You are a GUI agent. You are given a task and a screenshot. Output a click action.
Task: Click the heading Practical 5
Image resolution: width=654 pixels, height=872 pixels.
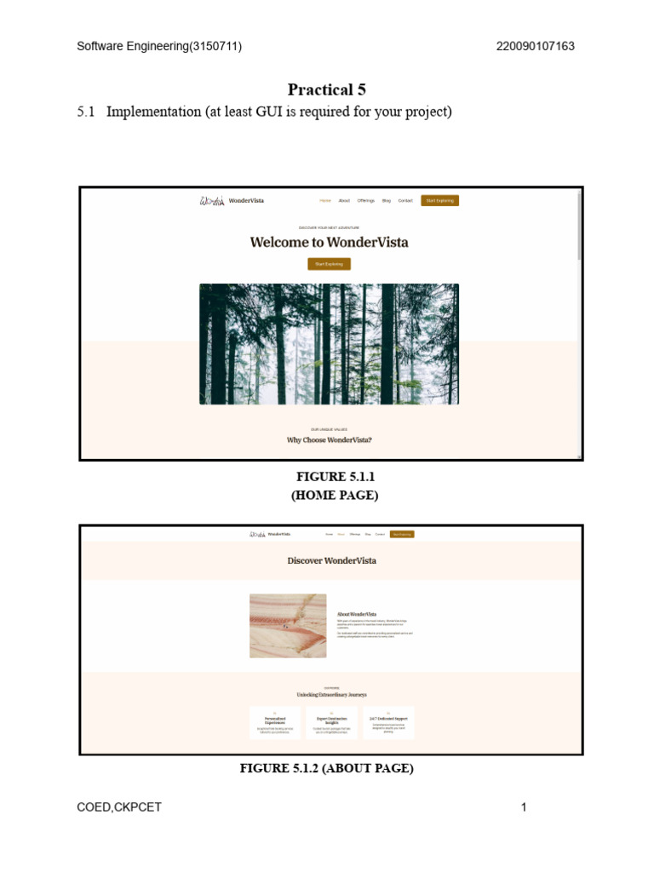pyautogui.click(x=327, y=89)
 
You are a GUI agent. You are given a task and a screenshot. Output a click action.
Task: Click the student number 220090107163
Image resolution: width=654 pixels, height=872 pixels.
pyautogui.click(x=535, y=47)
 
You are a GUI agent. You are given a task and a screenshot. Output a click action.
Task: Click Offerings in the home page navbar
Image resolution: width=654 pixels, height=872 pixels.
pyautogui.click(x=366, y=201)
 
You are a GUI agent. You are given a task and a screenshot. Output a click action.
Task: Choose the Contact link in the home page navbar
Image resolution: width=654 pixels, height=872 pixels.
pyautogui.click(x=405, y=201)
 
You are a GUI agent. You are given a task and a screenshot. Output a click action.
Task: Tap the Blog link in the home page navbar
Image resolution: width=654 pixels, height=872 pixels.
pyautogui.click(x=387, y=201)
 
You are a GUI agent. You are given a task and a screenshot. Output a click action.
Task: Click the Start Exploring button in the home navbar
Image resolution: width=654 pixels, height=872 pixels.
pyautogui.click(x=440, y=201)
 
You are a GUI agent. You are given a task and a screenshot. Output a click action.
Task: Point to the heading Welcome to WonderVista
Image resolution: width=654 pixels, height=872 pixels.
pyautogui.click(x=329, y=242)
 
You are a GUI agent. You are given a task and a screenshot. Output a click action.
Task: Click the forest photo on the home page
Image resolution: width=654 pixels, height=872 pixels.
pyautogui.click(x=329, y=344)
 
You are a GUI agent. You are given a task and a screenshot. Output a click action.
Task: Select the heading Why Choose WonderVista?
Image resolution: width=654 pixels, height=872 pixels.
pyautogui.click(x=329, y=440)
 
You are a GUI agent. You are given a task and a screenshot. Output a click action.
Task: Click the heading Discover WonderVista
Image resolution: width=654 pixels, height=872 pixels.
pyautogui.click(x=331, y=560)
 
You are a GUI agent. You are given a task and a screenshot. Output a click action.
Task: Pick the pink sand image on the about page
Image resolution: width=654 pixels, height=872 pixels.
pyautogui.click(x=288, y=626)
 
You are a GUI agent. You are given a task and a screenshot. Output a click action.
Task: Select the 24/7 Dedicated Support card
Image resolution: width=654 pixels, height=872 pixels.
pyautogui.click(x=388, y=722)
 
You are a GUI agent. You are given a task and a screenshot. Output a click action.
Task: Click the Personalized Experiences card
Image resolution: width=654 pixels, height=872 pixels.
pyautogui.click(x=275, y=722)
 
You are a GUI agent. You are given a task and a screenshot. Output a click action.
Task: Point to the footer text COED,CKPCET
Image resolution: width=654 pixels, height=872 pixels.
pyautogui.click(x=119, y=807)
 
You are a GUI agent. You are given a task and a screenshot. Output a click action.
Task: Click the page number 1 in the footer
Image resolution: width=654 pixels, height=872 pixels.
pyautogui.click(x=525, y=807)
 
